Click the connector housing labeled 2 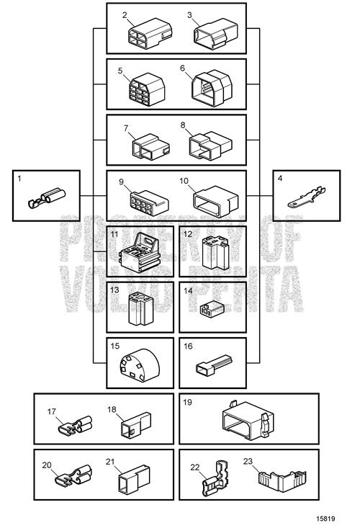coord(150,33)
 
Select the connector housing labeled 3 coord(216,34)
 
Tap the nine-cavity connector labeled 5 coord(147,89)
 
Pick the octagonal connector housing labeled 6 coord(212,88)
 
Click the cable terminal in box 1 coord(47,199)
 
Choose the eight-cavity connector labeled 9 coord(149,202)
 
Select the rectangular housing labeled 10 coord(216,201)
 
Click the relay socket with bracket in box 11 coord(140,252)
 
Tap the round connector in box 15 coord(139,365)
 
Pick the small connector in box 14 coord(212,309)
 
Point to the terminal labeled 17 coord(75,426)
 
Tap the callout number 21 coord(110,462)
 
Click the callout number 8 coord(183,125)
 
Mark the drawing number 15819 coord(325,519)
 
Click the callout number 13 coord(114,290)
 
